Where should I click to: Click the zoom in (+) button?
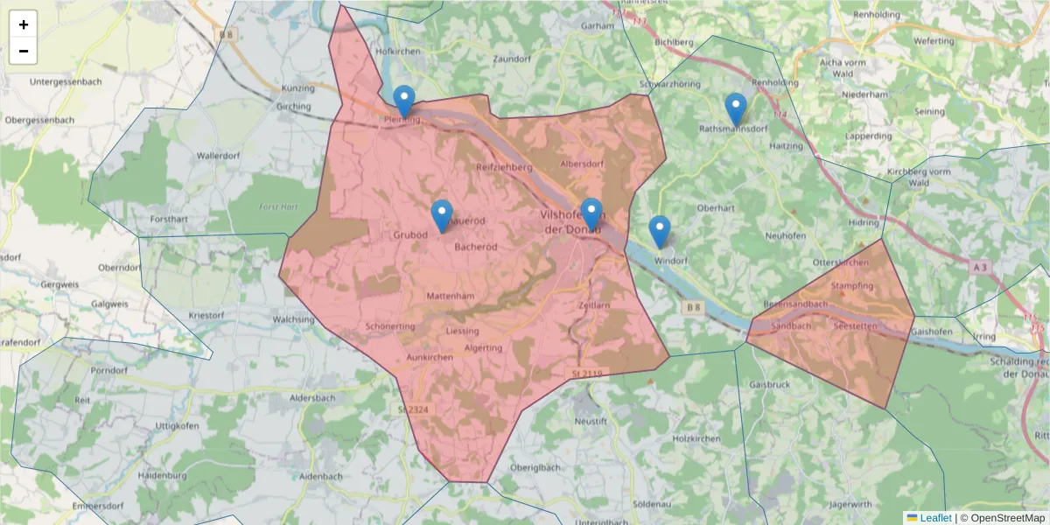24,24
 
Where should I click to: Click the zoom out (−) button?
24,51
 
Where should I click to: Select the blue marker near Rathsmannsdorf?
736,109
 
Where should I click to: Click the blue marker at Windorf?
660,232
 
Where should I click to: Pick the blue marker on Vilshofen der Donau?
592,214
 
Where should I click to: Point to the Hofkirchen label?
398,52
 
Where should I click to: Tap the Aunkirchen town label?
430,358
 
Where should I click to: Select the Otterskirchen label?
840,262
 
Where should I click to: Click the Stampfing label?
852,286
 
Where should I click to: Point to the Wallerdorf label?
219,155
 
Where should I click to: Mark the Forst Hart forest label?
278,206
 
